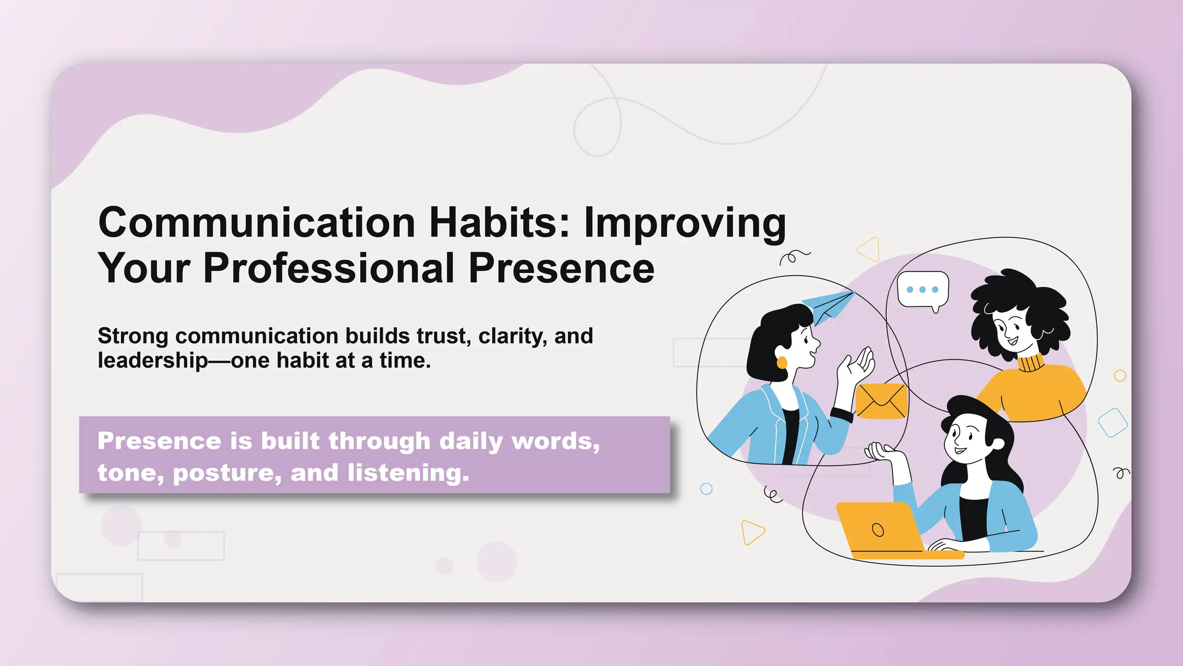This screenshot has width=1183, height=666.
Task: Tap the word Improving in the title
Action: (x=685, y=223)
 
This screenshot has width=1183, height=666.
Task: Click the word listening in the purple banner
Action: (x=408, y=473)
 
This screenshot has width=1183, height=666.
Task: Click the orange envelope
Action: (x=881, y=401)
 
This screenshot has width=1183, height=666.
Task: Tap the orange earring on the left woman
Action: (x=782, y=363)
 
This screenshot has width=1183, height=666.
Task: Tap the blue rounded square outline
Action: (x=1113, y=423)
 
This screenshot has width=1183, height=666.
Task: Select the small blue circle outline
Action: (x=706, y=489)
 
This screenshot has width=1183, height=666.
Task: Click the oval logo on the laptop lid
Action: (x=878, y=530)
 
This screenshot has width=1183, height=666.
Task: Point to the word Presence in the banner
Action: (x=159, y=441)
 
